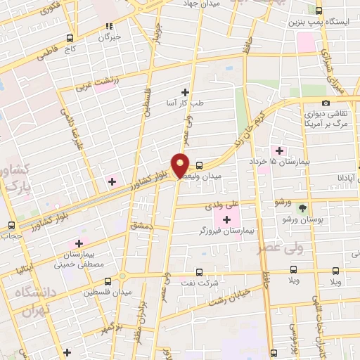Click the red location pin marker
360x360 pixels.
tap(181, 165)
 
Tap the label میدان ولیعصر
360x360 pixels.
tap(221, 174)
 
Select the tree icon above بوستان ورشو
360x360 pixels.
tap(302, 208)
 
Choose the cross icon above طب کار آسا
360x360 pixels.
tap(186, 92)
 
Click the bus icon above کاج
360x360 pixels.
tap(69, 39)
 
